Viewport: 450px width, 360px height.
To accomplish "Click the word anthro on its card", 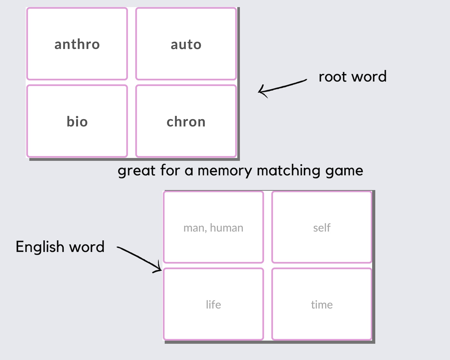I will pos(77,45).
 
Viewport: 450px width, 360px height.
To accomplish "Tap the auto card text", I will pos(186,45).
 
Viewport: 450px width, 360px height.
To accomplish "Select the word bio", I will pos(77,122).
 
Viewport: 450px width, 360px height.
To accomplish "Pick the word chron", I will pos(186,122).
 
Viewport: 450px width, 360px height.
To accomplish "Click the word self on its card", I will pos(322,228).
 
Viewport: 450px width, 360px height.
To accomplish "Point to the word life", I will pos(213,305).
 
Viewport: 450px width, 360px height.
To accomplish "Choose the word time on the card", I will pos(322,305).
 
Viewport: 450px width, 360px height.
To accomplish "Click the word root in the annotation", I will pos(333,77).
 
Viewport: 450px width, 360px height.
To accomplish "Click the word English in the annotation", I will pos(40,247).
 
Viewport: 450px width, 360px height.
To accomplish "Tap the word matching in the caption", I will pos(289,171).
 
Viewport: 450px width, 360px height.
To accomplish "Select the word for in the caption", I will pos(170,171).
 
